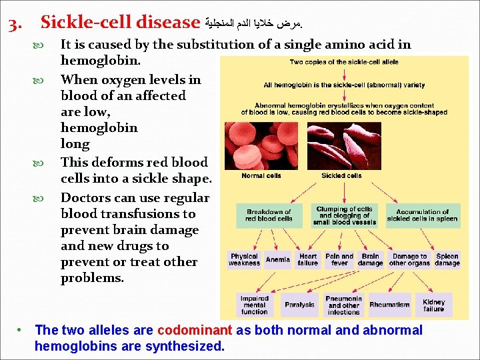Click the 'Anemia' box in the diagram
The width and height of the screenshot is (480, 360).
(277, 259)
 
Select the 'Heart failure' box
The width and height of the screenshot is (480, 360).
(308, 259)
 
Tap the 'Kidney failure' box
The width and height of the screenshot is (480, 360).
(433, 305)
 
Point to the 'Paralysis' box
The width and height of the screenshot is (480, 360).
(299, 305)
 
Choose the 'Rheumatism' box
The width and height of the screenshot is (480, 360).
(389, 305)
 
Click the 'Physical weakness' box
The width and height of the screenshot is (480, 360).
(244, 259)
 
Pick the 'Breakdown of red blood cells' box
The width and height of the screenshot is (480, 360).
(269, 215)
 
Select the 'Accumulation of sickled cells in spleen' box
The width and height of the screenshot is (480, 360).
(423, 215)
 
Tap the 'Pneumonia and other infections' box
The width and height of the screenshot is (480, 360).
(344, 305)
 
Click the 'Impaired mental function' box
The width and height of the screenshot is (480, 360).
(255, 305)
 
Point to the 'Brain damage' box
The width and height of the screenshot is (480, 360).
(371, 259)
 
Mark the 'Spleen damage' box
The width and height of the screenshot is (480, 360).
(447, 259)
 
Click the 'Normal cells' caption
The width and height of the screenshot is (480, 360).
(261, 176)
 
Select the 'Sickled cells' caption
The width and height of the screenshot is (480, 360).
(341, 176)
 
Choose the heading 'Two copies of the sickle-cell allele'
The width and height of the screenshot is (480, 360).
(343, 62)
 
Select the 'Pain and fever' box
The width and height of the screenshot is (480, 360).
(339, 259)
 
